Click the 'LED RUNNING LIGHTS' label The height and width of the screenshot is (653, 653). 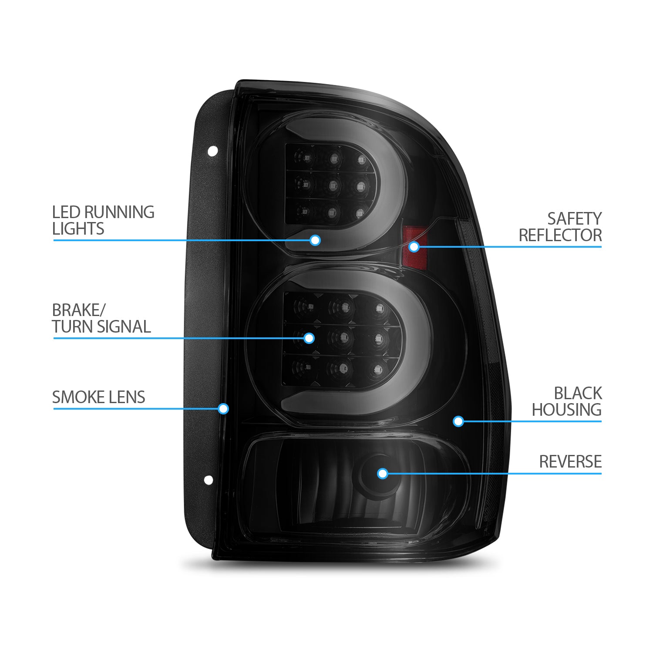pyautogui.click(x=103, y=220)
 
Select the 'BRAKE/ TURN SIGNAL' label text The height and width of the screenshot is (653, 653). pyautogui.click(x=101, y=318)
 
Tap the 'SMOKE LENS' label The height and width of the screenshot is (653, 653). pyautogui.click(x=98, y=397)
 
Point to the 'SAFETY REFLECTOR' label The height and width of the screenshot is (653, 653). pyautogui.click(x=560, y=227)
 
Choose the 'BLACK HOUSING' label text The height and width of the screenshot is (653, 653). pyautogui.click(x=566, y=401)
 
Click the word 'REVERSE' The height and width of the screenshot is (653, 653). pyautogui.click(x=570, y=461)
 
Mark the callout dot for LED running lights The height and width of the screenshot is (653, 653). pyautogui.click(x=315, y=240)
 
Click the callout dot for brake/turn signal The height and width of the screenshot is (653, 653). pyautogui.click(x=309, y=338)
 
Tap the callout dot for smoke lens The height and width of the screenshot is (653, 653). pyautogui.click(x=223, y=408)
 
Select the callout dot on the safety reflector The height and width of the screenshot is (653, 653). pyautogui.click(x=414, y=247)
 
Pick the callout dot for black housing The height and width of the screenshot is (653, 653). pyautogui.click(x=458, y=421)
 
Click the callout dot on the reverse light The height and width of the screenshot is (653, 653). pyautogui.click(x=382, y=473)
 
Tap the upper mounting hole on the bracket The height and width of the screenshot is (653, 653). pyautogui.click(x=212, y=151)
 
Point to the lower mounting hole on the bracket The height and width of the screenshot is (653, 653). pyautogui.click(x=209, y=480)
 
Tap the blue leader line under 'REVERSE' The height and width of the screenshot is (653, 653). pyautogui.click(x=492, y=474)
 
